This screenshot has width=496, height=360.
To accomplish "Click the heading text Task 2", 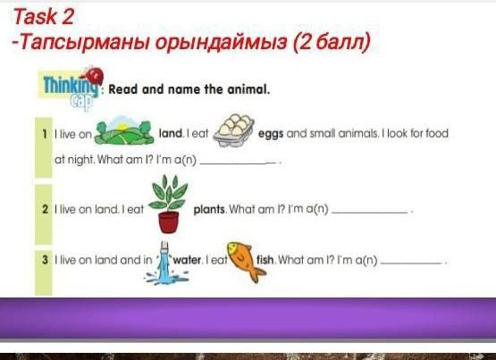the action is pos(43,17).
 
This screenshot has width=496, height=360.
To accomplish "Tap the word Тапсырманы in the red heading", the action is pos(83,42).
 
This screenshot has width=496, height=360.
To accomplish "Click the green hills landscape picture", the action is pos(124,130).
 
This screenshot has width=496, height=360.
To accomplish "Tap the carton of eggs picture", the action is pos(234,130).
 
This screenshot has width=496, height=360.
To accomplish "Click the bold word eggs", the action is pos(271,134).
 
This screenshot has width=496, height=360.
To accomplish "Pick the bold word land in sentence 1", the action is pos(171,133).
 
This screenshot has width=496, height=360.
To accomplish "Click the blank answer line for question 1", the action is pos(239,163).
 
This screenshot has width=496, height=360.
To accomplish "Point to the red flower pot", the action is pos(169,222).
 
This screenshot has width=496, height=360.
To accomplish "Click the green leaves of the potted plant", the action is pos(169,194).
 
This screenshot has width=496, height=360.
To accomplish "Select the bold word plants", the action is pos(209,210).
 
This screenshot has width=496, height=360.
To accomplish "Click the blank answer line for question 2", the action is pos(369,213).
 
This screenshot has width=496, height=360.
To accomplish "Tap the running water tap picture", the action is pos(165,264).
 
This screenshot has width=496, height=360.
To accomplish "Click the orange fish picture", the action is pos(246,261).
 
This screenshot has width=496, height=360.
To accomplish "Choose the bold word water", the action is pos(187,260).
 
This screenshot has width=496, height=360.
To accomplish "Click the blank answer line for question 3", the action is pos(411,263).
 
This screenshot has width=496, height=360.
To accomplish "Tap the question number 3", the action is pos(46,260).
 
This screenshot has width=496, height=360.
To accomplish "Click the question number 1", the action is pos(45,134).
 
